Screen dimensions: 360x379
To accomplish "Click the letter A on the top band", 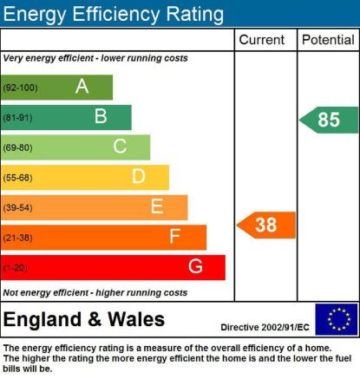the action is point(82,86).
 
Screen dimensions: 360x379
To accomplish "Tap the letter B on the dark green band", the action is point(101,116).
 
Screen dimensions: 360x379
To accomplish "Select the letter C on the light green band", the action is point(120,146).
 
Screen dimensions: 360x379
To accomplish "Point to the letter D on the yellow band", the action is point(139,176).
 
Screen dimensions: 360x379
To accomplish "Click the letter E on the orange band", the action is point(157,206).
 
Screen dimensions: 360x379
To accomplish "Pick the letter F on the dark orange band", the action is point(175,236).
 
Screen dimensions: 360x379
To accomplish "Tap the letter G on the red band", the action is point(195,266).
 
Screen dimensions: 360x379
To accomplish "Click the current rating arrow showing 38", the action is point(266,225).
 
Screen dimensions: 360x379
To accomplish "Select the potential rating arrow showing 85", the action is point(329,120).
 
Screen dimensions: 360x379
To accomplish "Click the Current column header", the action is point(262,40).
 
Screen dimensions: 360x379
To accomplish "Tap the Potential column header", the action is point(328,40).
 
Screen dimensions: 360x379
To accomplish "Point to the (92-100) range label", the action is point(20,88).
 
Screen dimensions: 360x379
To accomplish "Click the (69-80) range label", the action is point(17,147).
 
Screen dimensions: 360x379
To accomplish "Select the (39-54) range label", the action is point(17,207).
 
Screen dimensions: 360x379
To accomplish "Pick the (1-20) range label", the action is point(16,268).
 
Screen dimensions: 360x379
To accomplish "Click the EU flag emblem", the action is point(337,319).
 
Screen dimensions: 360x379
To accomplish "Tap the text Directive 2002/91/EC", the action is point(265,327).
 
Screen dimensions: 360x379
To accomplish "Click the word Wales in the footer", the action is point(136,319).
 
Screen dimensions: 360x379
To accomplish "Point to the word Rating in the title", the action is point(194,15).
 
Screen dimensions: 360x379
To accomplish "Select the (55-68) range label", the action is point(17,178).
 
